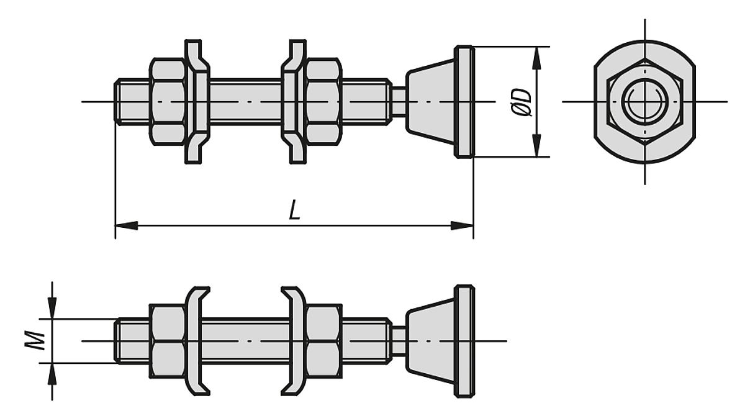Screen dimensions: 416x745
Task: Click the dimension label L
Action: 295,210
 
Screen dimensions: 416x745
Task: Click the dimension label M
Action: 38,340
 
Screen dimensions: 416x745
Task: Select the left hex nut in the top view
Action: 168,101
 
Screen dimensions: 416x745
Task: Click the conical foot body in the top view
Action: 430,101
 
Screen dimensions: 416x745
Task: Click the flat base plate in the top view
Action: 464,101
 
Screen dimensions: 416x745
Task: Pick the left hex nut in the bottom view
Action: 168,341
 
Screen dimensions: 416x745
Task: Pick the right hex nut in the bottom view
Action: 323,341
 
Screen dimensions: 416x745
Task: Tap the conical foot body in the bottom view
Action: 430,341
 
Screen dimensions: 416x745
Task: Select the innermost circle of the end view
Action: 644,102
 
